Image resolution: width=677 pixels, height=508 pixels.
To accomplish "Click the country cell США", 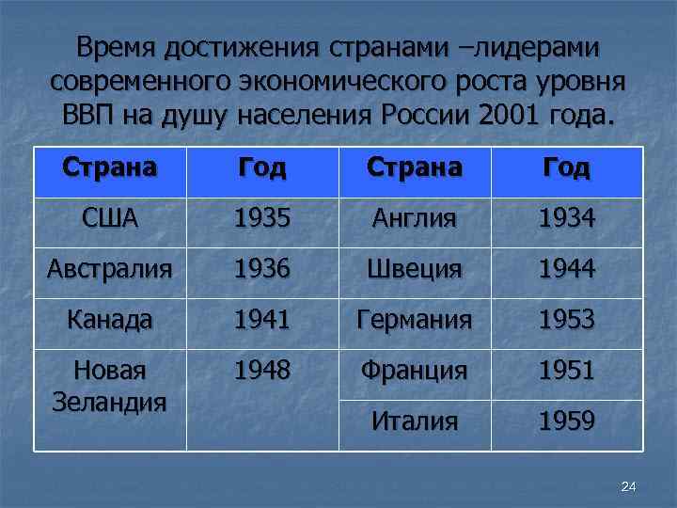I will click(x=110, y=219).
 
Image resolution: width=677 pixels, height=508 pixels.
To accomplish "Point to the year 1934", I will click(x=567, y=219).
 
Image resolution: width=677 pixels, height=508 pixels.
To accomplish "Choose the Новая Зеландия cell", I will click(x=110, y=386).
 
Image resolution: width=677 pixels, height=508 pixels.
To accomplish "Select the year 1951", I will click(x=567, y=370).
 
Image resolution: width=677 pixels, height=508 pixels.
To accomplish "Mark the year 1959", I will click(x=567, y=421).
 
